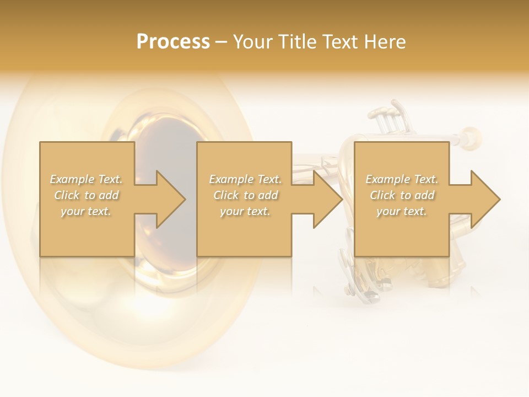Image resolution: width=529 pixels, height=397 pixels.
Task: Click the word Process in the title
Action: click(x=173, y=42)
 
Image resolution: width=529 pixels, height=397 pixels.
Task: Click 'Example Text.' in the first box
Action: click(x=87, y=179)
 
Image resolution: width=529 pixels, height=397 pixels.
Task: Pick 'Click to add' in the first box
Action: click(x=87, y=195)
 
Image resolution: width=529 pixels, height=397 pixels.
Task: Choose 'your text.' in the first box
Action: click(x=87, y=211)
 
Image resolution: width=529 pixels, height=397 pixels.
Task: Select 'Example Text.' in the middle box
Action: click(x=245, y=179)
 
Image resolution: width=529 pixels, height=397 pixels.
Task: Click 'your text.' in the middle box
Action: click(x=245, y=211)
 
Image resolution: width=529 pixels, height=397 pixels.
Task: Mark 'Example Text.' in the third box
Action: click(x=402, y=179)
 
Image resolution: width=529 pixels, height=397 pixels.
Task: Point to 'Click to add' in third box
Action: click(x=402, y=195)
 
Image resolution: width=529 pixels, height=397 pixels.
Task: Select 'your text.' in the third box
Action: click(x=402, y=211)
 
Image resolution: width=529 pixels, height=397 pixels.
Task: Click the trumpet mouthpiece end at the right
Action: click(x=471, y=135)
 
